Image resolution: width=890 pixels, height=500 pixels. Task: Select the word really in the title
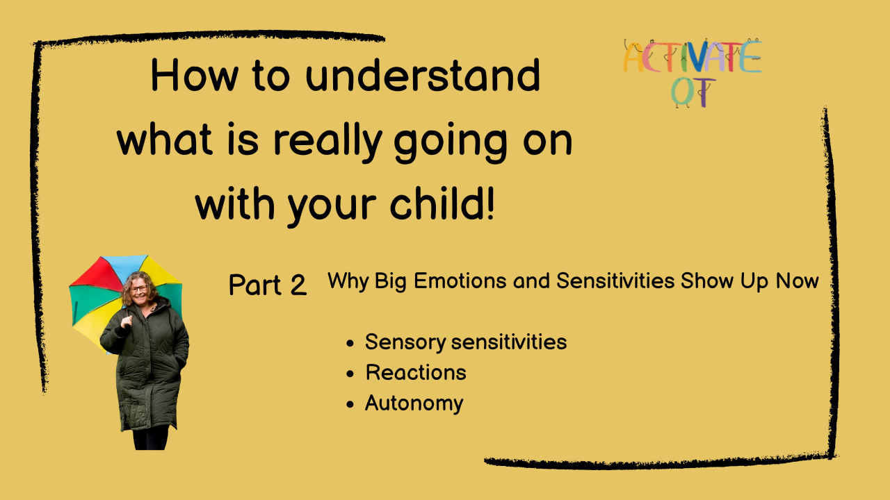point(327,142)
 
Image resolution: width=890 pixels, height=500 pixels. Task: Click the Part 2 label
point(268,285)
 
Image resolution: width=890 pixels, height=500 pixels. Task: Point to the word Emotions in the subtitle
point(460,281)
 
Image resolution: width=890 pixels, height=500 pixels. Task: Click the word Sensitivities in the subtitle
point(615,281)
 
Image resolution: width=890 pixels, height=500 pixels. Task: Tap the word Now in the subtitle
point(797,281)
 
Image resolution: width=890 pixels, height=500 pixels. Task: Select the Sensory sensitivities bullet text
point(466,342)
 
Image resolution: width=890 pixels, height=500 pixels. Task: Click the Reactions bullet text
point(416,373)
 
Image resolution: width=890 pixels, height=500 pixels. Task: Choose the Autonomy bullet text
point(414,403)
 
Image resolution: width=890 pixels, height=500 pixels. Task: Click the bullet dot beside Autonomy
point(350,404)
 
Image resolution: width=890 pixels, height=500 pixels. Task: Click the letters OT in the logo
point(693,92)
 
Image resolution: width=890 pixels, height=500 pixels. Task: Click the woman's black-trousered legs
point(151,437)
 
